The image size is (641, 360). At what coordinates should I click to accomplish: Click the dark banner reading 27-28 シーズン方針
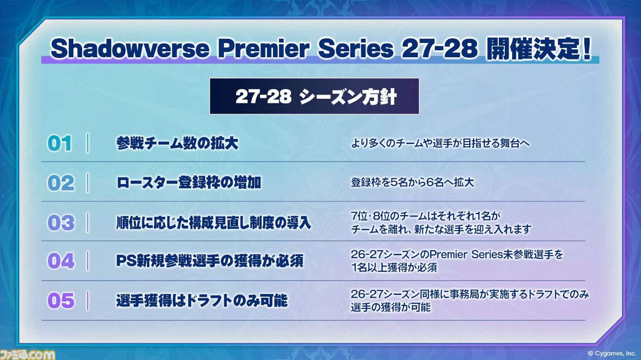[x=314, y=96]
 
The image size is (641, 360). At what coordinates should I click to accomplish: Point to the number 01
[x=60, y=143]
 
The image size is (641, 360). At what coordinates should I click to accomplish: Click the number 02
[x=60, y=183]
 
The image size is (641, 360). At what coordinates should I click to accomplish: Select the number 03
[x=60, y=223]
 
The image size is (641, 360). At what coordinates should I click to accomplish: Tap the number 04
[x=60, y=261]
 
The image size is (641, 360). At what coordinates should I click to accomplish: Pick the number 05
[x=60, y=300]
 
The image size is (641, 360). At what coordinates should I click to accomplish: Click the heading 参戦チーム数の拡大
[x=177, y=143]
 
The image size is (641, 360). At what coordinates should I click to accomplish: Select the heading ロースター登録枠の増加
[x=188, y=183]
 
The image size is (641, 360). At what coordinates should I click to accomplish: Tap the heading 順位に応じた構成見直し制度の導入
[x=213, y=223]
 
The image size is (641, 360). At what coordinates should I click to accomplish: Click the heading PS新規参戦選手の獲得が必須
[x=210, y=261]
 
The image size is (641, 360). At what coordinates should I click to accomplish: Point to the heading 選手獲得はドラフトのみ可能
[x=202, y=300]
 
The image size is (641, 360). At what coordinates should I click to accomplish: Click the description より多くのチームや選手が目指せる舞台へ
[x=440, y=143]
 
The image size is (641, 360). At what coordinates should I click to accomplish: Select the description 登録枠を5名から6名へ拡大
[x=412, y=182]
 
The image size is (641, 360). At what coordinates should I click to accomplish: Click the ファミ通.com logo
[x=27, y=354]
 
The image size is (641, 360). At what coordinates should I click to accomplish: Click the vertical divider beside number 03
[x=88, y=222]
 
